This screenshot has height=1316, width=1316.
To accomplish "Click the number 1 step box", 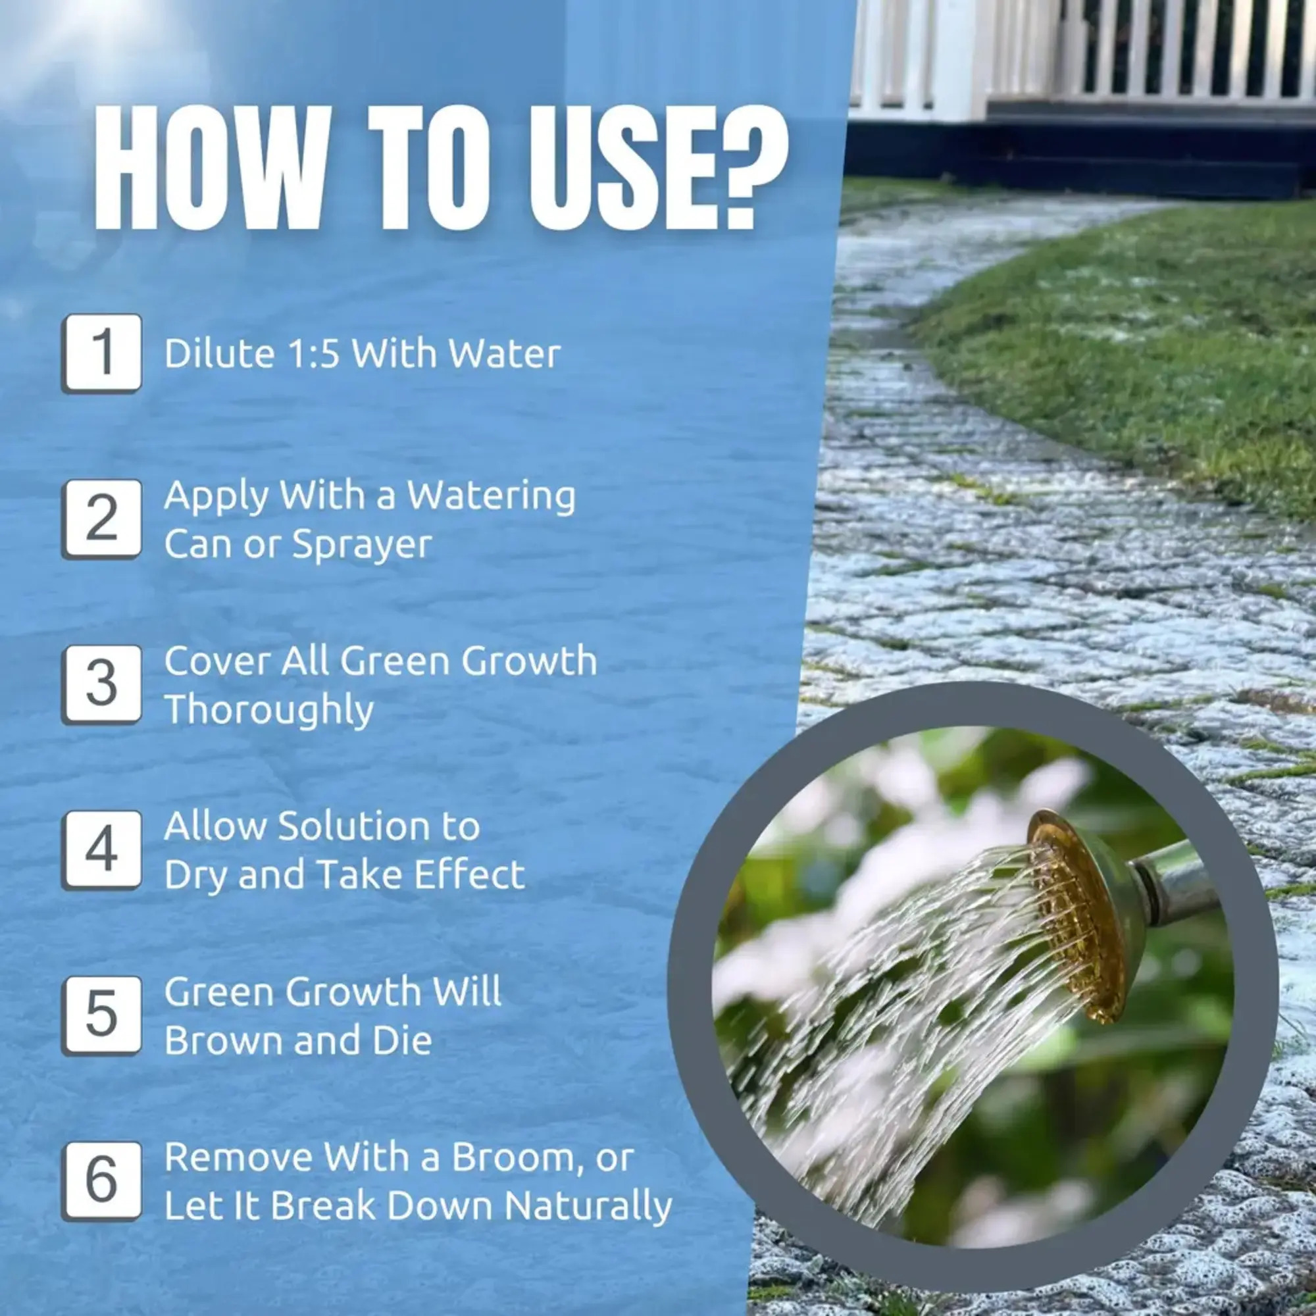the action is pyautogui.click(x=101, y=353).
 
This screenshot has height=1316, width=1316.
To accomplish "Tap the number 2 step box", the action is pyautogui.click(x=101, y=519).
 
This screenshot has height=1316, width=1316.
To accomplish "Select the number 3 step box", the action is pyautogui.click(x=101, y=684).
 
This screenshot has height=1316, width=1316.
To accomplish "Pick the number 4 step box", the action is pyautogui.click(x=101, y=850).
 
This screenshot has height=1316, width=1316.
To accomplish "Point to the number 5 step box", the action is pyautogui.click(x=101, y=1017).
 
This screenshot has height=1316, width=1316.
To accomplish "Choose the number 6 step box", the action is pyautogui.click(x=101, y=1182).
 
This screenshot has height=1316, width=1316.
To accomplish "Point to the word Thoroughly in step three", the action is pyautogui.click(x=269, y=709).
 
